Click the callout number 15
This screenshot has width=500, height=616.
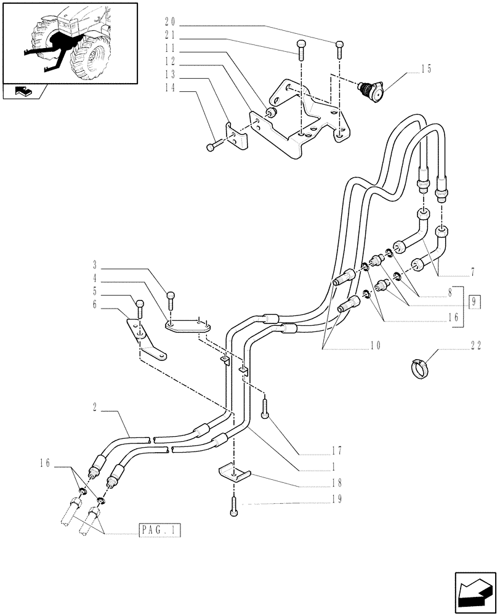425,69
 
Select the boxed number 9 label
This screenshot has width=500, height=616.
475,302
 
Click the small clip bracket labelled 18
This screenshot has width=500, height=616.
235,474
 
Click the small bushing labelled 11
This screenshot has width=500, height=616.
271,111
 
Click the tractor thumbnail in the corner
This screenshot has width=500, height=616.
69,42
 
